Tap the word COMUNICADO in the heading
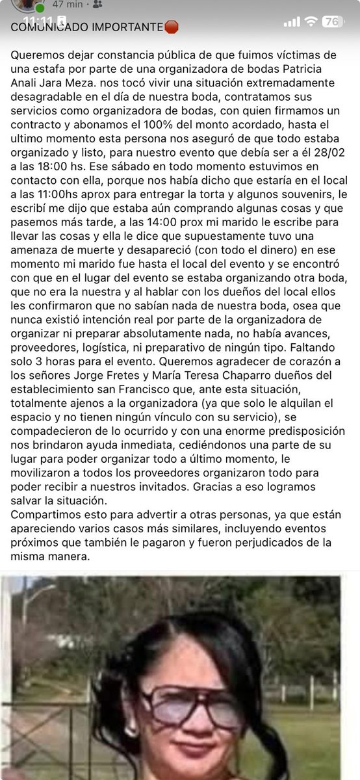pyautogui.click(x=47, y=27)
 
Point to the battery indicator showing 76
pyautogui.click(x=333, y=21)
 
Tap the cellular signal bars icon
pyautogui.click(x=292, y=21)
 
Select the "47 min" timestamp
pyautogui.click(x=68, y=4)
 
